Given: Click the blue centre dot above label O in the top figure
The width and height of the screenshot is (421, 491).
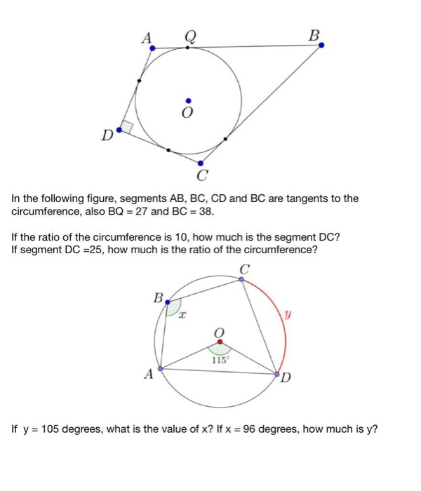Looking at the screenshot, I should [x=187, y=100].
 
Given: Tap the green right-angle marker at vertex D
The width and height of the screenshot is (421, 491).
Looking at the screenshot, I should [x=127, y=128].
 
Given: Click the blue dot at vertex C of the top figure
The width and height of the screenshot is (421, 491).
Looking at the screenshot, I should [x=201, y=163].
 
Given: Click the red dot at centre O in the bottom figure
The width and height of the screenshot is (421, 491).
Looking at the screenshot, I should [x=220, y=342].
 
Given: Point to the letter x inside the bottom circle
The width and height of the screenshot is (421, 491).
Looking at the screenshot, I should [x=182, y=317].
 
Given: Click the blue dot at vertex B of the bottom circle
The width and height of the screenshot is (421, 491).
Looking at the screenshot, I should [x=167, y=302].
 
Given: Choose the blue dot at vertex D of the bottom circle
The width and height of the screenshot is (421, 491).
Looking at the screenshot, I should [x=278, y=374].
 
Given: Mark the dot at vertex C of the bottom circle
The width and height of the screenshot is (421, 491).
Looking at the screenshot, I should [x=242, y=279].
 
